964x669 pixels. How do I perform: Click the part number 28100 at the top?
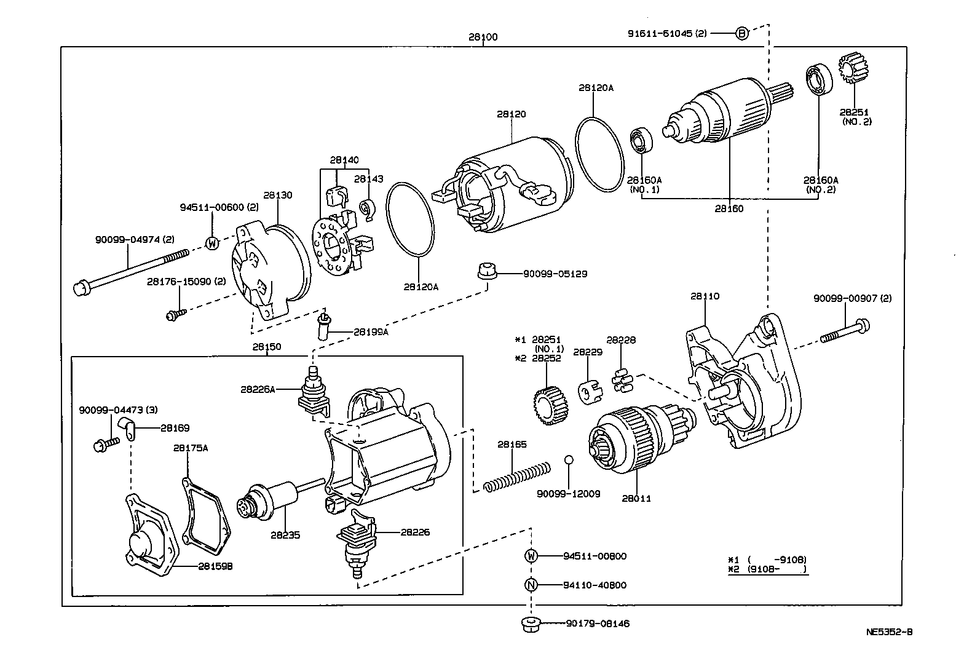[x=483, y=37]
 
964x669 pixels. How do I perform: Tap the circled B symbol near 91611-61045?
[x=742, y=33]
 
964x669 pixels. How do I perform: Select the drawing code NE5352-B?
[x=889, y=631]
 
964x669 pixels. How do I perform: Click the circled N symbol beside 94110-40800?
[x=531, y=585]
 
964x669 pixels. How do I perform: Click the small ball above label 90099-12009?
[x=569, y=459]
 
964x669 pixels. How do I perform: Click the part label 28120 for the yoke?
[x=512, y=114]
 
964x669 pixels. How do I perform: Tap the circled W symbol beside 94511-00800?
[x=531, y=556]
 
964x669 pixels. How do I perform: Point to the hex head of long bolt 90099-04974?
[x=81, y=287]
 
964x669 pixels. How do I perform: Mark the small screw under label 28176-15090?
[x=172, y=315]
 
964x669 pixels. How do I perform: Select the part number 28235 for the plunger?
[x=285, y=535]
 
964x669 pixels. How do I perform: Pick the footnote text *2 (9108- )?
[x=767, y=569]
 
